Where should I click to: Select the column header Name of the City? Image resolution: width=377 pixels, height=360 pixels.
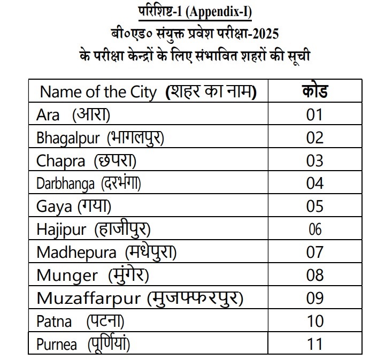click(98, 92)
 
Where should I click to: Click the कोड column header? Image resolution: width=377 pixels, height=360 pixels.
click(315, 91)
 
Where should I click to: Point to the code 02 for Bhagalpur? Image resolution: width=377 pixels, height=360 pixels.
click(315, 138)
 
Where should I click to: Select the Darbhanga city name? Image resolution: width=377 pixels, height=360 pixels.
click(67, 183)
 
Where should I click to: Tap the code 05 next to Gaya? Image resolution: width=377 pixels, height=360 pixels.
click(315, 206)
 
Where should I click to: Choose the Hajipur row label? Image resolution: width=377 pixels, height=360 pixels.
click(61, 229)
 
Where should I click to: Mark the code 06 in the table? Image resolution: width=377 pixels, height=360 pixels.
click(315, 229)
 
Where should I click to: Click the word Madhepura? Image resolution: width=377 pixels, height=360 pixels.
click(77, 252)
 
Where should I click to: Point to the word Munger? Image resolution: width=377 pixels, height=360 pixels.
click(67, 275)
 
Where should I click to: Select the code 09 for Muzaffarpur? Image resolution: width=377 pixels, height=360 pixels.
click(315, 298)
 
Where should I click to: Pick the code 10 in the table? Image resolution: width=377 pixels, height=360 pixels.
click(315, 321)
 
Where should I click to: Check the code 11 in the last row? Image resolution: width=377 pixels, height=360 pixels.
click(315, 344)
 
